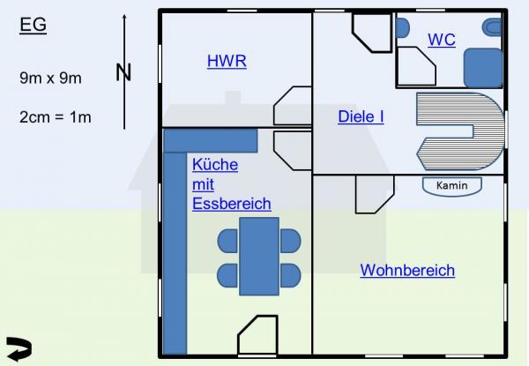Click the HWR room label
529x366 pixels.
tap(227, 61)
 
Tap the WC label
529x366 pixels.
tap(442, 40)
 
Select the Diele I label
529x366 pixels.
tap(361, 116)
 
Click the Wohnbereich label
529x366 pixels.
tap(407, 270)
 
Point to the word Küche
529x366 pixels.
tap(215, 165)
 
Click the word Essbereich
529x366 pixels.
tap(232, 204)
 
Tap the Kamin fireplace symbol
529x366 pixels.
tap(452, 186)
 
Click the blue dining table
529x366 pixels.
tap(259, 257)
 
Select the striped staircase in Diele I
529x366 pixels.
tap(458, 131)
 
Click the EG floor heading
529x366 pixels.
tap(34, 25)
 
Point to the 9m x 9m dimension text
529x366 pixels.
tap(50, 78)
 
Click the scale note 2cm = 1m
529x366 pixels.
tap(56, 117)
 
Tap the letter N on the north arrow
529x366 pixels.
tap(123, 72)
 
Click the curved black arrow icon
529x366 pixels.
tap(19, 348)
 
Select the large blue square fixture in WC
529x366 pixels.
tap(483, 68)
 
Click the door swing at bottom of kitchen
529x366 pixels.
tap(257, 335)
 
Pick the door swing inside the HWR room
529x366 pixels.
tap(293, 106)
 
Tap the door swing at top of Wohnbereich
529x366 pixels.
tap(375, 194)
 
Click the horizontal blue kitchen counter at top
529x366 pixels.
tap(211, 141)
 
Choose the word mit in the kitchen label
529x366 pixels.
tap(203, 184)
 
